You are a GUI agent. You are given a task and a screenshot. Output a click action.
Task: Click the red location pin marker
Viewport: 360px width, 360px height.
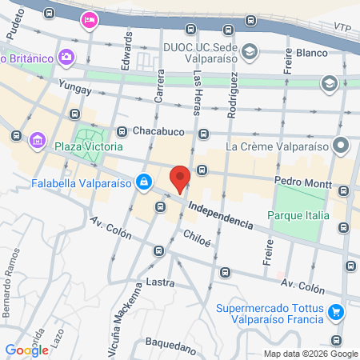tap(181, 178)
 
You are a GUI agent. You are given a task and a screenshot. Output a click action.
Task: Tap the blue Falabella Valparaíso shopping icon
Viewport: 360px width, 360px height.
tap(143, 182)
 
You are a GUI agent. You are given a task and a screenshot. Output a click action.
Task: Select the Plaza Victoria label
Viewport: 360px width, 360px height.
tap(88, 147)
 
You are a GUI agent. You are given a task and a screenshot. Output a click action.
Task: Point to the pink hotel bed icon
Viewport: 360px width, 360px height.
tap(89, 20)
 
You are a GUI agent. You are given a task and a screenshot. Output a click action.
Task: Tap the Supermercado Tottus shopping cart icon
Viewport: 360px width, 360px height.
tap(337, 310)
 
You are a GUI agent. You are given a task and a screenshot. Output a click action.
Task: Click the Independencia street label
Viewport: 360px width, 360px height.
tap(222, 214)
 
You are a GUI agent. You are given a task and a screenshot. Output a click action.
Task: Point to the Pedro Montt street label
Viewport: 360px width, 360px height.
tap(303, 182)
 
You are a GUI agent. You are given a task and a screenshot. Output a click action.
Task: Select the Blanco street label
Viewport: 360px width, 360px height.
tap(312, 53)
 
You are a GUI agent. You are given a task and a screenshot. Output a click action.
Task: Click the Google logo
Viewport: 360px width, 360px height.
tap(26, 350)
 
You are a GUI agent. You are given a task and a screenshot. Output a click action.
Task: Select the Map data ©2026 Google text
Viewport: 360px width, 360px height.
tap(311, 354)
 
